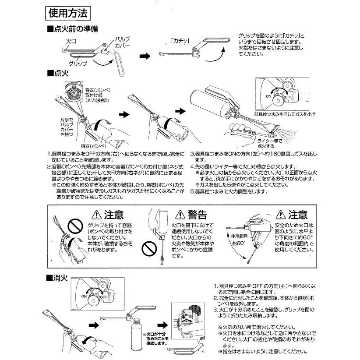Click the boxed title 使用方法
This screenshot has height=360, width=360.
(68, 12)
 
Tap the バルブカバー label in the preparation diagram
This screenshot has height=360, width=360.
(121, 42)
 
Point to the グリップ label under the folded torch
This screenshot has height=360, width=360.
(78, 64)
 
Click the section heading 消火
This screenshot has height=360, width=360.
(59, 278)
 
